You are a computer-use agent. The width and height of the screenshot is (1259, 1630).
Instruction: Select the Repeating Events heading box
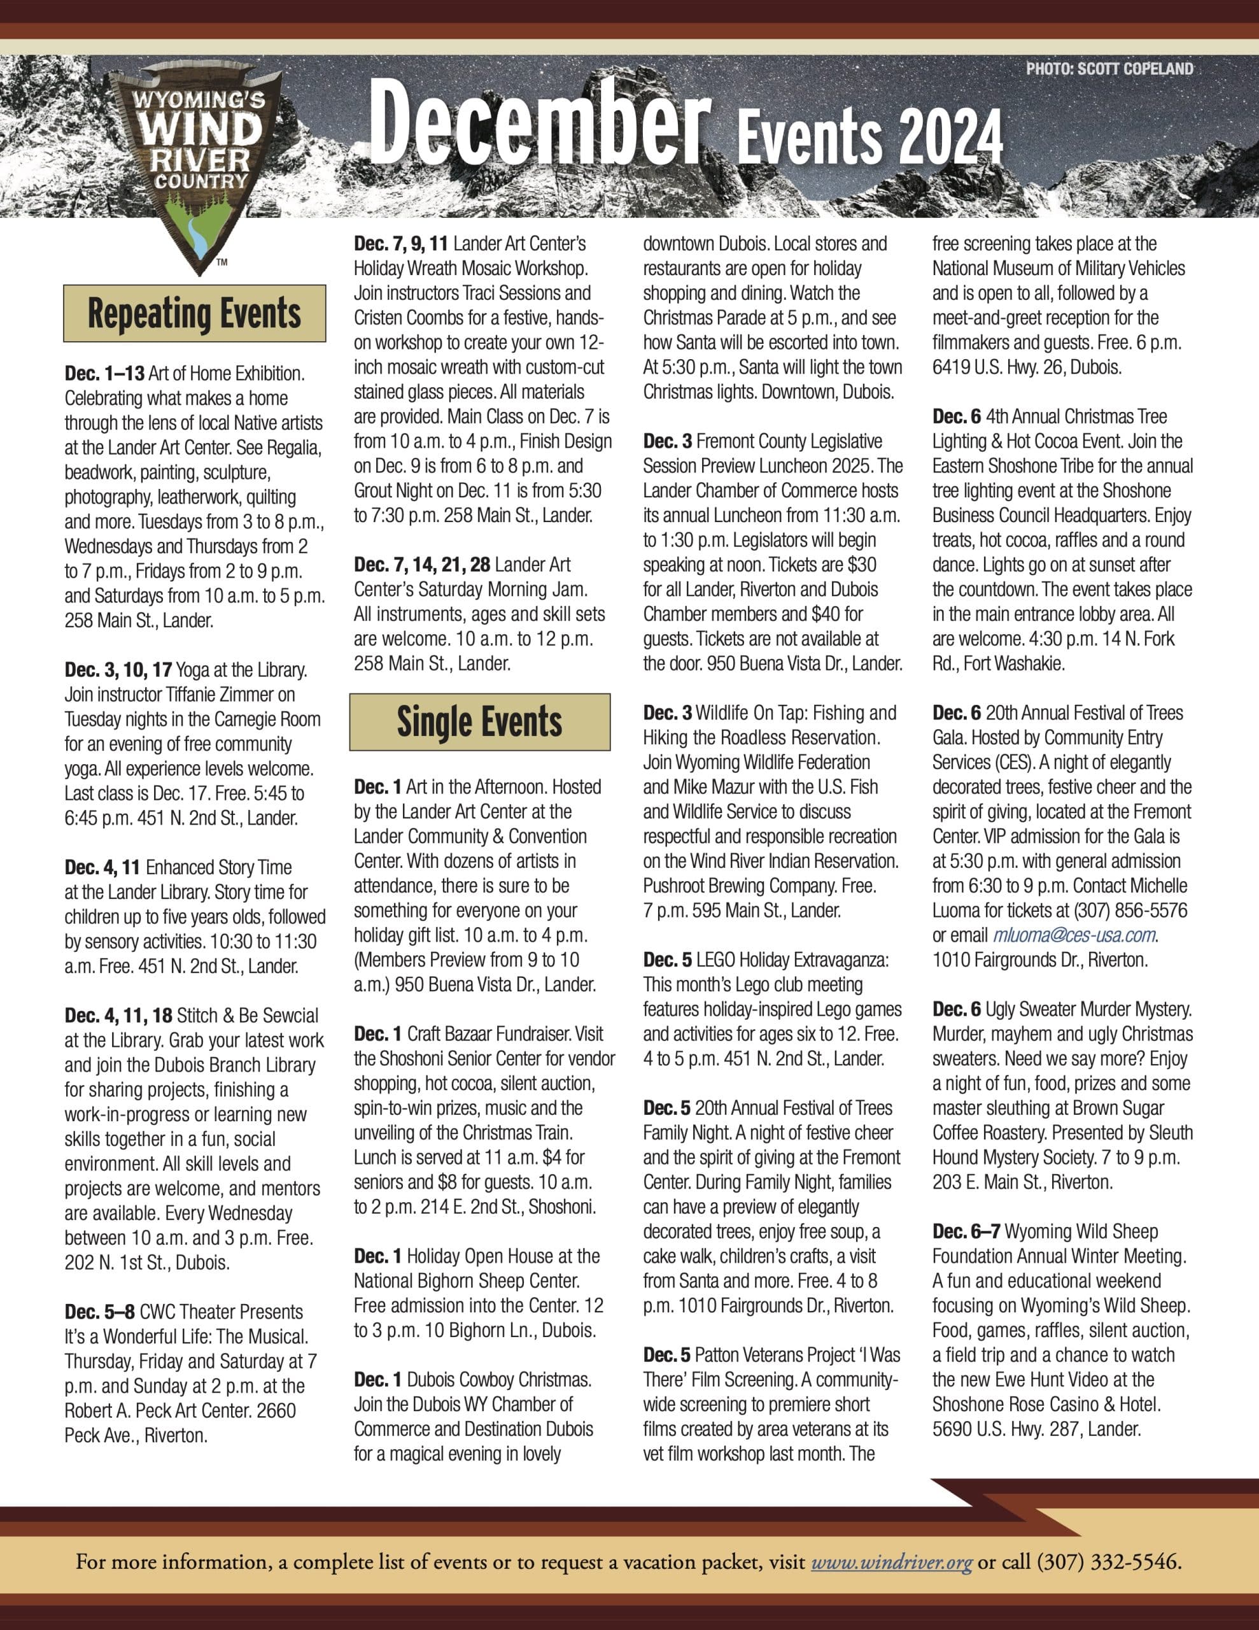tap(195, 313)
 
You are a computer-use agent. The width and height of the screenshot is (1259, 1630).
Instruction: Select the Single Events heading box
tap(479, 721)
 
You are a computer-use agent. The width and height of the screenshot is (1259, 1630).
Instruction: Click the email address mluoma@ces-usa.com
tap(1074, 935)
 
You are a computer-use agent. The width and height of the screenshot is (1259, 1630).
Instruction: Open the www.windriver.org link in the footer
tap(891, 1561)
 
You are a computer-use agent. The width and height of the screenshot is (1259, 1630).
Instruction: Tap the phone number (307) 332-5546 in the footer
tap(1108, 1561)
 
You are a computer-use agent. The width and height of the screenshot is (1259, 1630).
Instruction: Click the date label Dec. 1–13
tap(104, 373)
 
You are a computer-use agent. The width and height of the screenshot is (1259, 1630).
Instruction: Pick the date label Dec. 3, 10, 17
tap(118, 669)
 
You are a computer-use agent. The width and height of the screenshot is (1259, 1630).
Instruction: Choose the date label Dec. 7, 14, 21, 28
tap(421, 564)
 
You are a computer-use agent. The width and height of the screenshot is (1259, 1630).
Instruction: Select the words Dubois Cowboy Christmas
tap(498, 1379)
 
